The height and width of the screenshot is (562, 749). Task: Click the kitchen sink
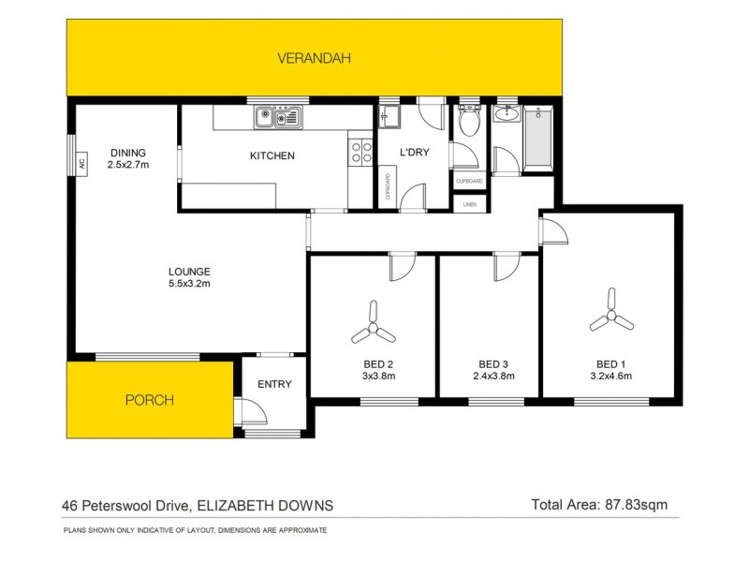coord(277,118)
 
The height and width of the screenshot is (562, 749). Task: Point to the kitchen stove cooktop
coord(359,153)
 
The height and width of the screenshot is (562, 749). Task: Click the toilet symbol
coord(470,122)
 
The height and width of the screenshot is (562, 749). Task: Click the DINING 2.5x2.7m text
coord(128,159)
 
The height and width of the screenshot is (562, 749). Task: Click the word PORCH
coord(150,400)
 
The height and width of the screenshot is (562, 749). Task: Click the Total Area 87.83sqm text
coord(598,505)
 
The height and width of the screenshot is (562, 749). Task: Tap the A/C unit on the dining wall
coord(81,161)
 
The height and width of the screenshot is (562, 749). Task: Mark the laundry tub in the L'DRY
coord(390,119)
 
